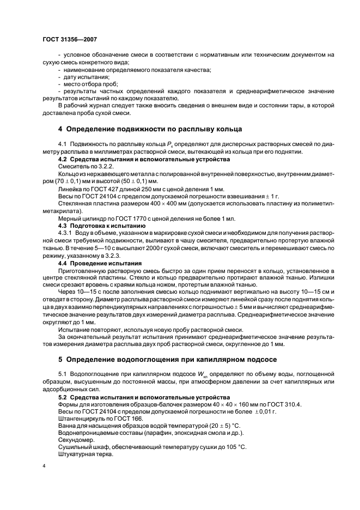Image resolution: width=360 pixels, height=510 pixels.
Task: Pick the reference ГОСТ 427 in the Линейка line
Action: pos(97,187)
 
